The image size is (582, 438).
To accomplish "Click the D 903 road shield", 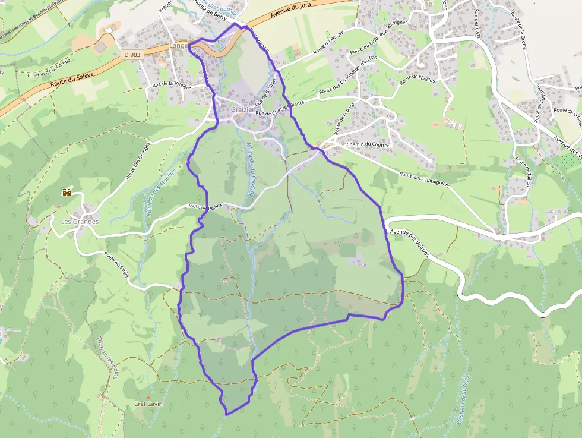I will pos(132,55).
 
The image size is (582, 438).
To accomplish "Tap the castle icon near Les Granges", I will pos(67,193).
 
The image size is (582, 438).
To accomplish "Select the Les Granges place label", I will pos(80,222).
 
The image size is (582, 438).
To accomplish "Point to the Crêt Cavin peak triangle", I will pos(148,397).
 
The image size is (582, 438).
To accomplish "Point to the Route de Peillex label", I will pos(204,206).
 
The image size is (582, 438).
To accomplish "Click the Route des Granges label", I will pos(138,160).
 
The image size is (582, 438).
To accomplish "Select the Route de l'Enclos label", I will pos(417,78).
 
